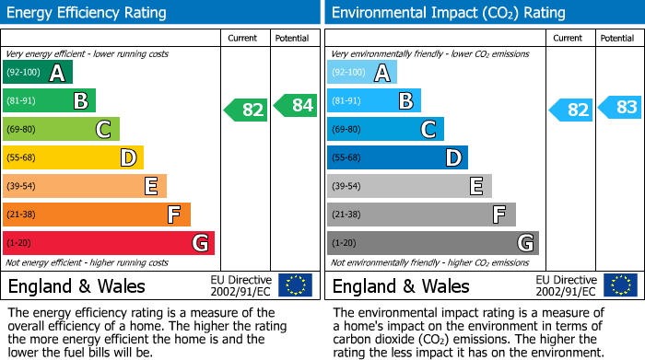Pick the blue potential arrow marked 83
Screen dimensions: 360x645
[621, 108]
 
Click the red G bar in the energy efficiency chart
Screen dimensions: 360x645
[109, 243]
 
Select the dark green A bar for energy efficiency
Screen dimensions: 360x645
[38, 73]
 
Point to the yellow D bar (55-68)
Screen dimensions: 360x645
[73, 158]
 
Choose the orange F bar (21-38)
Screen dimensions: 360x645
[97, 215]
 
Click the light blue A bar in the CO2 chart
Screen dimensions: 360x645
[362, 73]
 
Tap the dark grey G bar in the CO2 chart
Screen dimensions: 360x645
[433, 243]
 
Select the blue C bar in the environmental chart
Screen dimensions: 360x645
[385, 130]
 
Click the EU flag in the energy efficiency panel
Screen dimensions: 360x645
[295, 285]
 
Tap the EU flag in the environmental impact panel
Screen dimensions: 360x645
[619, 285]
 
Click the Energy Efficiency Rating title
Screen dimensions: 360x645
[88, 13]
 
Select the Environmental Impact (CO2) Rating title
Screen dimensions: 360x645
[448, 13]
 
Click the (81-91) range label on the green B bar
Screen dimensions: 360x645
[21, 101]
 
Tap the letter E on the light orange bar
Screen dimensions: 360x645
[151, 187]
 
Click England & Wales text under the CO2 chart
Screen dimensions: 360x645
[401, 285]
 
